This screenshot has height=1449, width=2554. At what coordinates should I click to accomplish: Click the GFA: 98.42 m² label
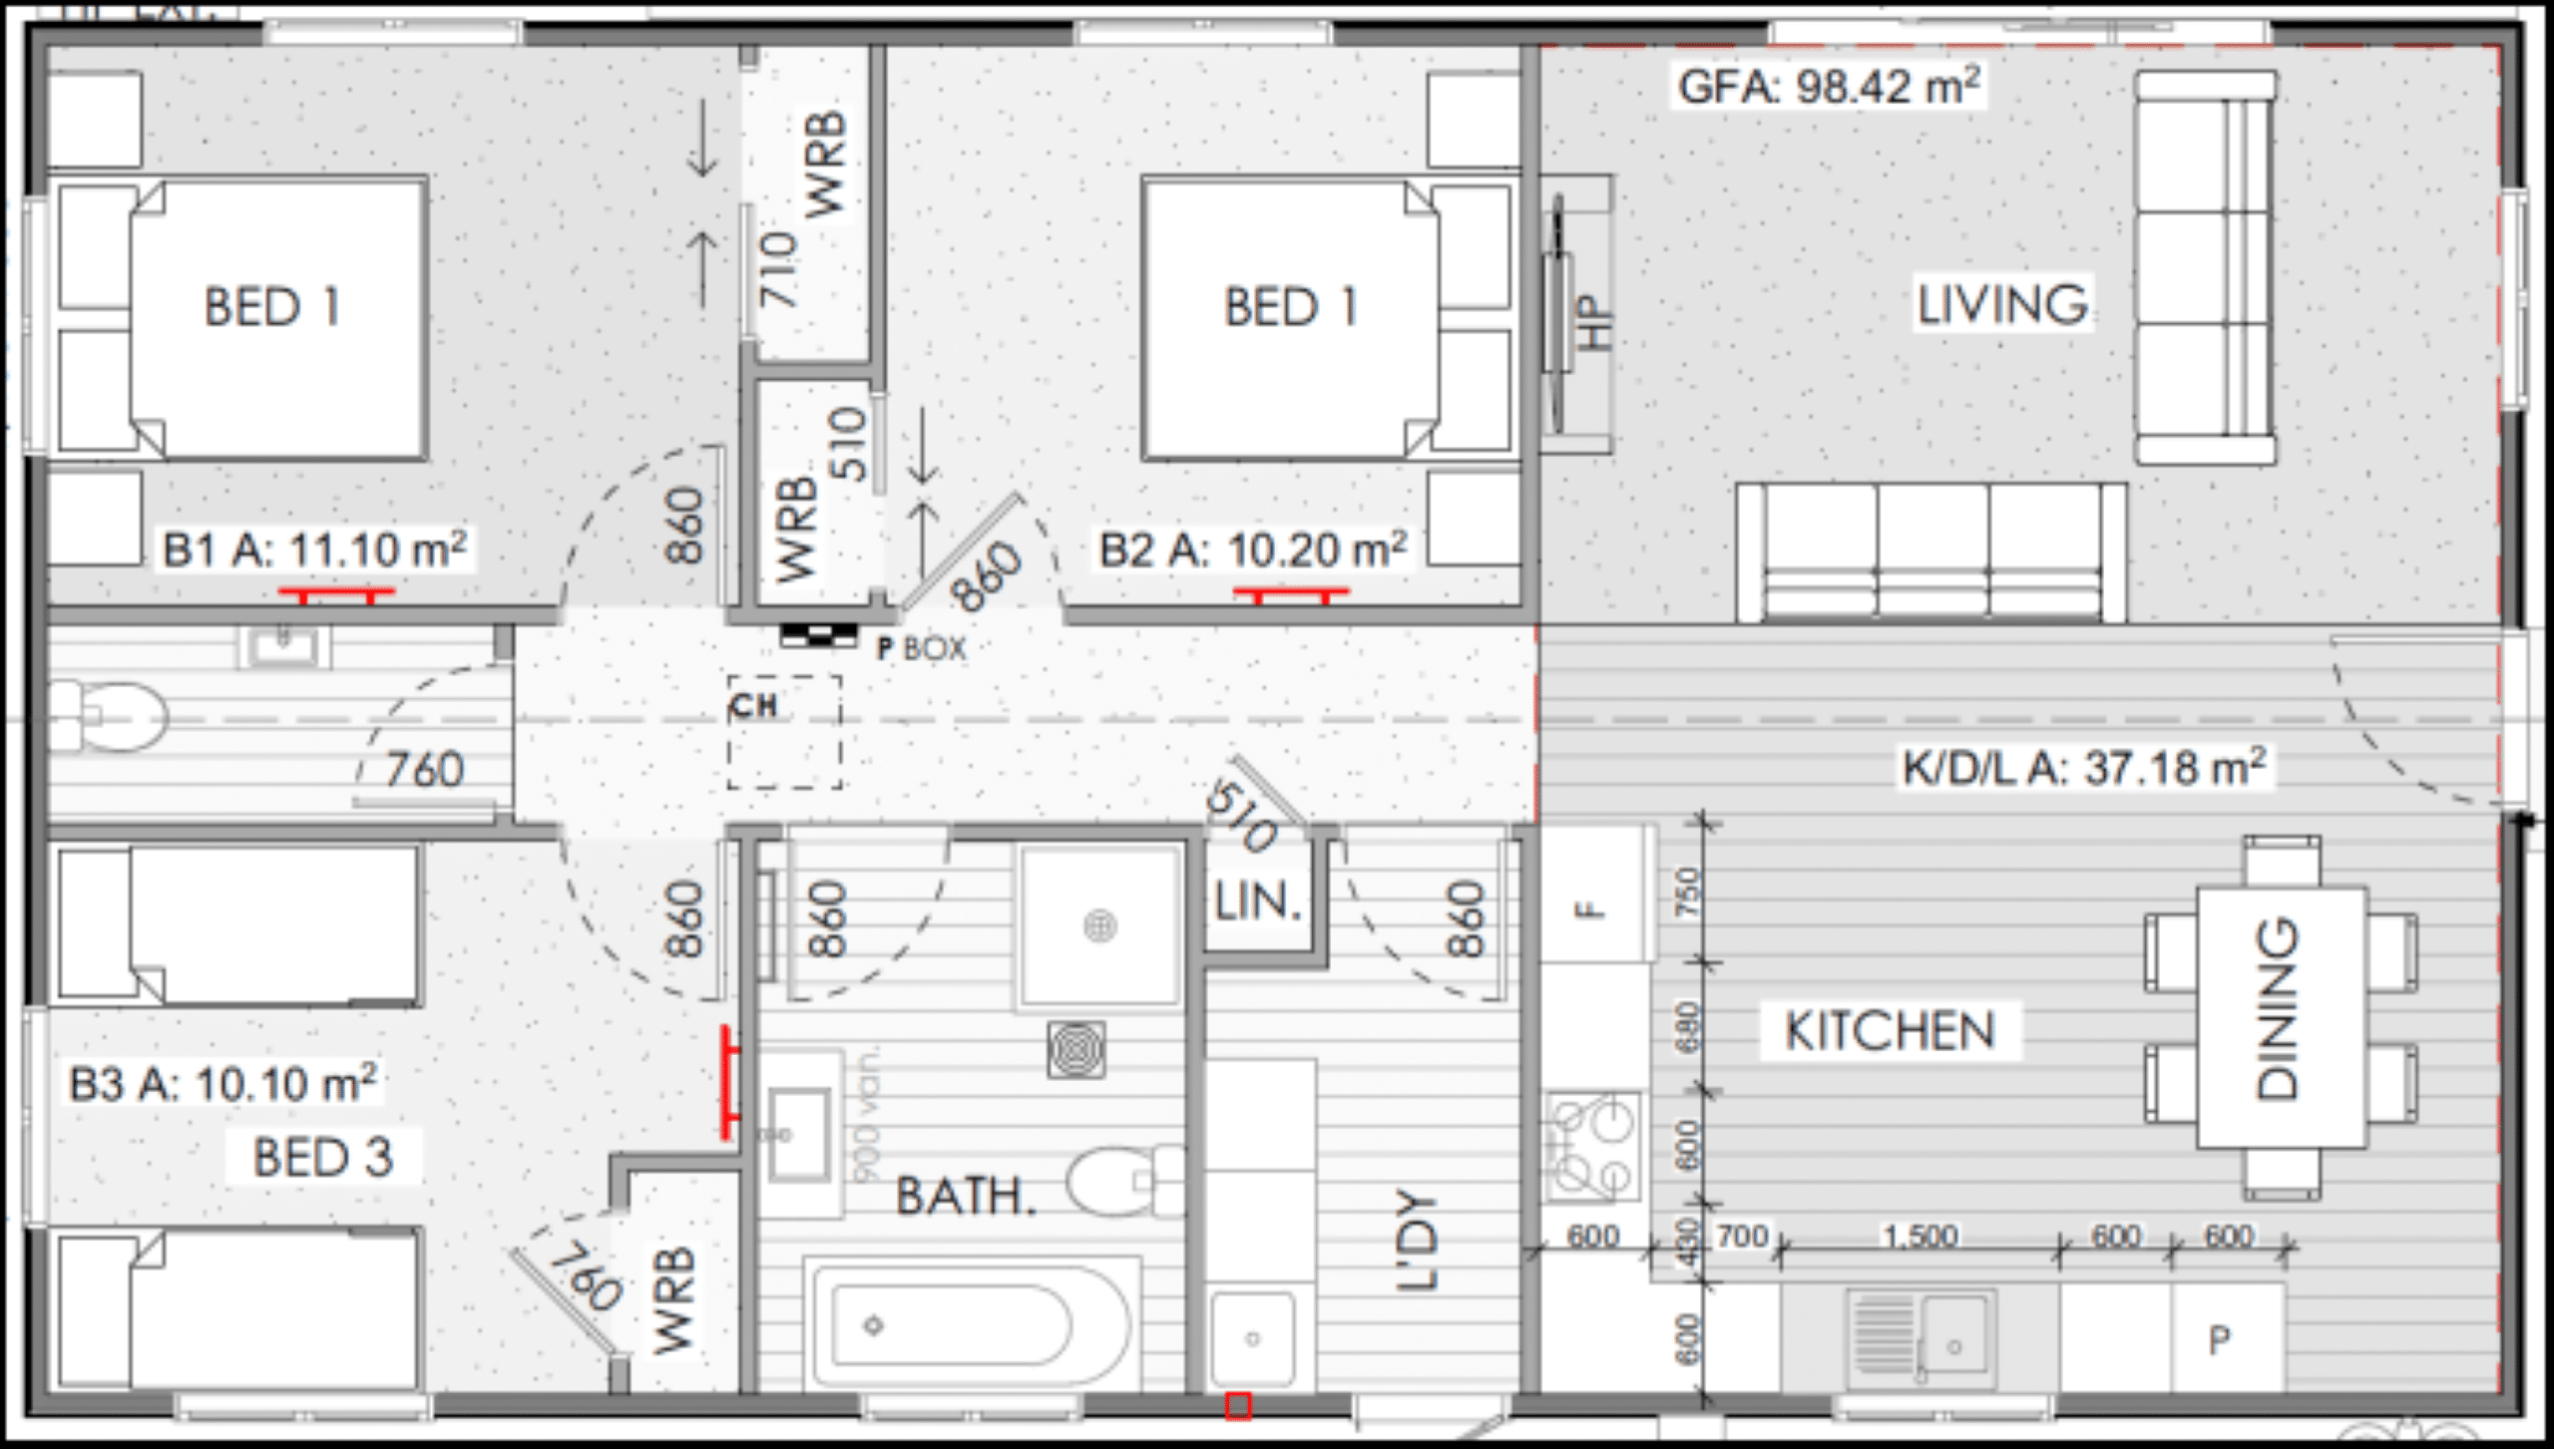point(1828,87)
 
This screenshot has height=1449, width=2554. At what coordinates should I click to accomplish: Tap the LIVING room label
point(2002,304)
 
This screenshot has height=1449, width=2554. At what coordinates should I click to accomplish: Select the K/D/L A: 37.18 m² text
point(2084,768)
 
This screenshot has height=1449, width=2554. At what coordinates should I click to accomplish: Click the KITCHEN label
point(1890,1031)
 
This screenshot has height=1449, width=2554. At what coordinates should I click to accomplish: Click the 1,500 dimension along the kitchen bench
point(1919,1237)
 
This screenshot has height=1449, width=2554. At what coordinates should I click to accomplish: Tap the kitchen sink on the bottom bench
point(1919,1338)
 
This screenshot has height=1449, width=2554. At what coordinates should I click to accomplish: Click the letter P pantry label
point(2219,1340)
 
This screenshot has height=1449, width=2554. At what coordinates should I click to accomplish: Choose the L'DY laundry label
point(1417,1239)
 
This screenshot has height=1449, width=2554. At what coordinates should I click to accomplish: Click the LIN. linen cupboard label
point(1258,903)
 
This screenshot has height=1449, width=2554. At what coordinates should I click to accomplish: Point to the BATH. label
point(965,1196)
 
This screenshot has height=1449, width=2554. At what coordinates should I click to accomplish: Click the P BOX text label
point(922,649)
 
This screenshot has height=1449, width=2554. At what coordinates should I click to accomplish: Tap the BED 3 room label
point(323,1158)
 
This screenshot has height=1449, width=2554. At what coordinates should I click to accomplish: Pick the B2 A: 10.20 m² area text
point(1253,550)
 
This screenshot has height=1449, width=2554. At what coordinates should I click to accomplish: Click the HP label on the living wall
point(1594,321)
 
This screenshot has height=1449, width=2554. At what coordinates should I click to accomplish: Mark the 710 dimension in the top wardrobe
point(779,269)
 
